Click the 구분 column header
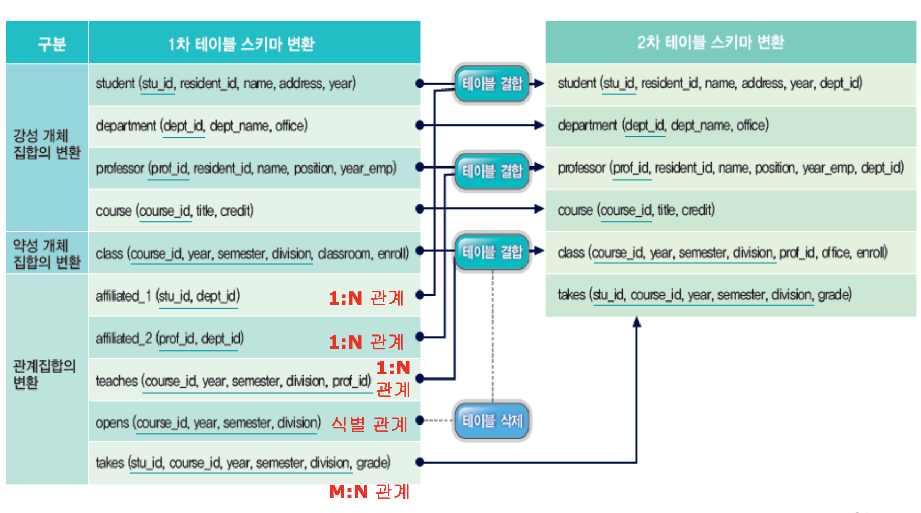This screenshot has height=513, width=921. [51, 43]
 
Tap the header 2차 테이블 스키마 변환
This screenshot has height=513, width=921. [710, 42]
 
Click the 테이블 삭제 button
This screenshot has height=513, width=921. [492, 420]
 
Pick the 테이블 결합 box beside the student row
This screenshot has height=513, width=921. [492, 83]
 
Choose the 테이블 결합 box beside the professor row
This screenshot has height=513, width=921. [492, 171]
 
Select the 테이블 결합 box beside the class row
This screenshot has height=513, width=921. [492, 252]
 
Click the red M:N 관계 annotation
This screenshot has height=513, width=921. [369, 492]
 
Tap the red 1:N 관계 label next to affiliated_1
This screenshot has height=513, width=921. [366, 298]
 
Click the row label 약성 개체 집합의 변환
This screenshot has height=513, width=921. [47, 253]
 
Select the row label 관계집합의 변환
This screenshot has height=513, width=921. [44, 374]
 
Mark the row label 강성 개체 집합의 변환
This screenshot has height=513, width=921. [47, 144]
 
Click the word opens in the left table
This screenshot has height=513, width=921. [112, 422]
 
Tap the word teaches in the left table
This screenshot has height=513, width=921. [117, 381]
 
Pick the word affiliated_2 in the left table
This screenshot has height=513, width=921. [123, 339]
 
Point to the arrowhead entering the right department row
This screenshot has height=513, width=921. [539, 125]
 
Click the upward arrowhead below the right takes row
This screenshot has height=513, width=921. [636, 322]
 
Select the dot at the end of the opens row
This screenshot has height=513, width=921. [420, 420]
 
